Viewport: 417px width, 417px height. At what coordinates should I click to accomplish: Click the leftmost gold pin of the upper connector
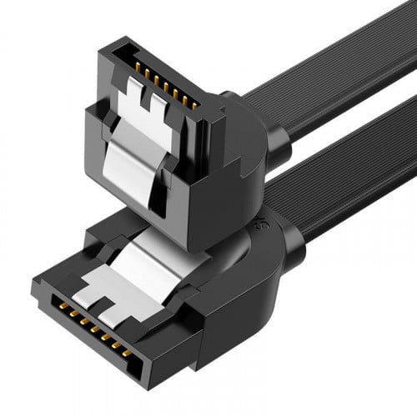coord(133,65)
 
